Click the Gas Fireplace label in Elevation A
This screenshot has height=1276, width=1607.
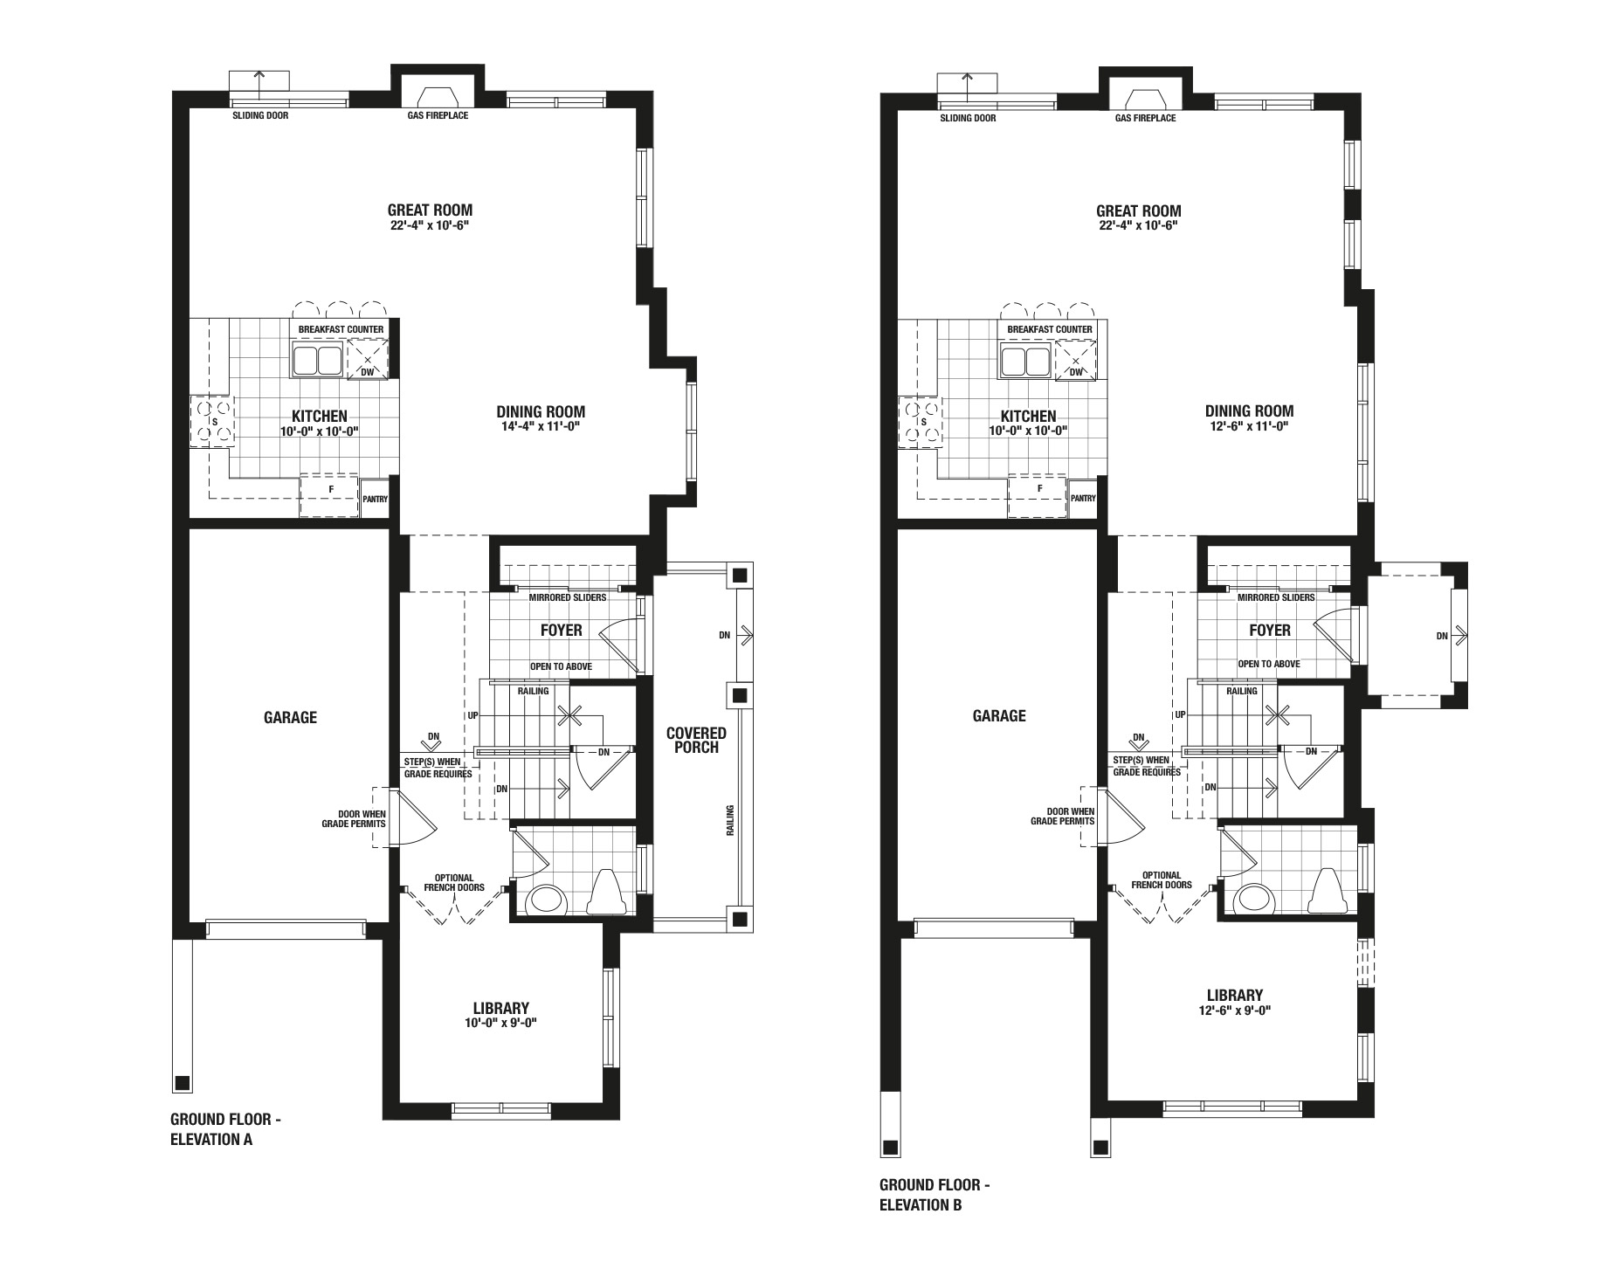[438, 115]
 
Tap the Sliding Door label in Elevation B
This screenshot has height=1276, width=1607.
[968, 118]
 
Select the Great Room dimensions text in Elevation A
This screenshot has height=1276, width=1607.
[431, 225]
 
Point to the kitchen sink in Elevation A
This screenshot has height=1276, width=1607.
[316, 360]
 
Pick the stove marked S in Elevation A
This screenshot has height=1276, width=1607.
[213, 421]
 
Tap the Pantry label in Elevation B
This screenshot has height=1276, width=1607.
[1083, 499]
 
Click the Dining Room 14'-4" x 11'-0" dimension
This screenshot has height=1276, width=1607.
[541, 427]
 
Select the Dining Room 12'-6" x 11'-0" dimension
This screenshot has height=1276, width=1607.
[1249, 426]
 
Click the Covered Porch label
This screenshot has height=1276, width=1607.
[696, 740]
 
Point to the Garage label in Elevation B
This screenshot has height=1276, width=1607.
[999, 716]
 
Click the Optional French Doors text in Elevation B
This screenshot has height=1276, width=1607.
[1162, 879]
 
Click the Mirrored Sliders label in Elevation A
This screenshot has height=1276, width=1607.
[568, 598]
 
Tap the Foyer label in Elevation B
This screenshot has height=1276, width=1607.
[1270, 631]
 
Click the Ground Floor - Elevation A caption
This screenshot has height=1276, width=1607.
[226, 1129]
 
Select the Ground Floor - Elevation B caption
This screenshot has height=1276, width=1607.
[935, 1196]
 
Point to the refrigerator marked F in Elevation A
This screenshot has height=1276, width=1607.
[330, 495]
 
